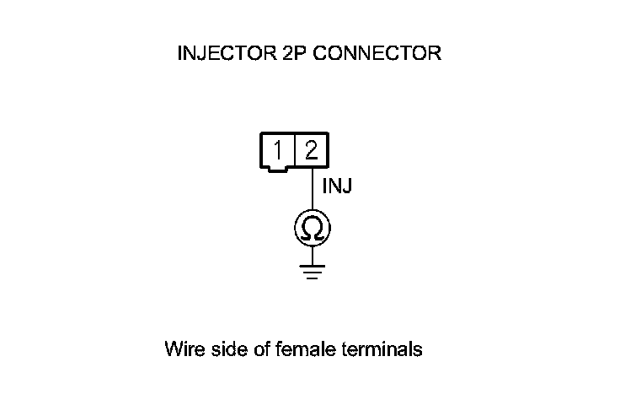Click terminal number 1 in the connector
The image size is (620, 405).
[278, 150]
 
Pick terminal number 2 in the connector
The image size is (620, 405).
[311, 150]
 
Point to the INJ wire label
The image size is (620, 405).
[337, 185]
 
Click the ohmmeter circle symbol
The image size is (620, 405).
[312, 228]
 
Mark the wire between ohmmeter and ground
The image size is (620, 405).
[312, 255]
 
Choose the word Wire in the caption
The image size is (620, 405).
[183, 348]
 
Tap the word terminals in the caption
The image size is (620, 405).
[382, 348]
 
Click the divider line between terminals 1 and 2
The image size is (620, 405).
[295, 150]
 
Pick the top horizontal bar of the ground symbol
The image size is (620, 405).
[312, 266]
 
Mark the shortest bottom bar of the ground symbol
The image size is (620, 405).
[312, 278]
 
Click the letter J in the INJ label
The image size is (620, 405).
[346, 185]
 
